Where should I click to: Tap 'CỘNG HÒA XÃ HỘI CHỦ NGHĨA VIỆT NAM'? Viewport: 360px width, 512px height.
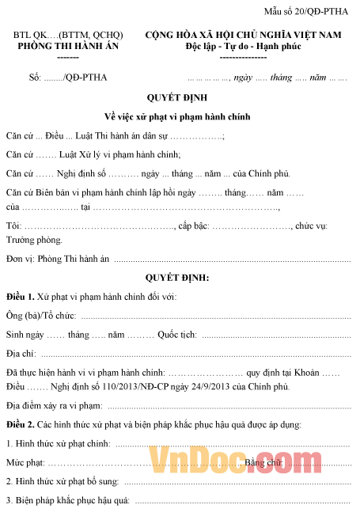[243, 36]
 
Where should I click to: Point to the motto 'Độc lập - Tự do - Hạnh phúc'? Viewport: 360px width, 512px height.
[243, 47]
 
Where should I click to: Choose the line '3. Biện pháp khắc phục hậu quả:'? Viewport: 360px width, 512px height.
[67, 500]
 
